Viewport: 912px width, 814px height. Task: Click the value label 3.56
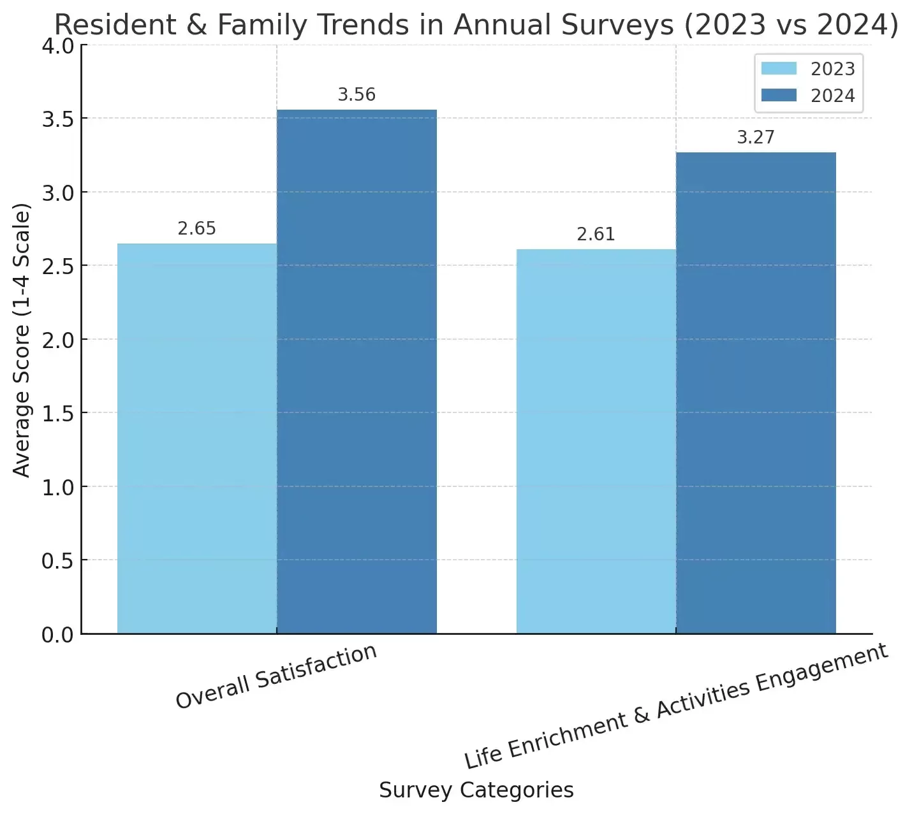pos(357,95)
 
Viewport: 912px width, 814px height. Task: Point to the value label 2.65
pos(196,229)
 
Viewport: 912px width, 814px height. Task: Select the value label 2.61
pos(596,235)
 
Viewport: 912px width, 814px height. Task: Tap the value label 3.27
pos(756,138)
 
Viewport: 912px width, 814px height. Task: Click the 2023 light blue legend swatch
pos(779,69)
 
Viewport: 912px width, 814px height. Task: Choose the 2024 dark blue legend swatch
pos(779,96)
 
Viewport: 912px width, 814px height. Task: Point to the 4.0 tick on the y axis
pos(57,47)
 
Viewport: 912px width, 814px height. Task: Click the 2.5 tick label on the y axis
pos(57,266)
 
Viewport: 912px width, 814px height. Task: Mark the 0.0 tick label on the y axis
pos(57,635)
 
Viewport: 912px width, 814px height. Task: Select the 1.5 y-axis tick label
pos(57,414)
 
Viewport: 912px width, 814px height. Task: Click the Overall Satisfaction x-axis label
pos(276,676)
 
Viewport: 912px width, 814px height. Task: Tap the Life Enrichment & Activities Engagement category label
pos(675,706)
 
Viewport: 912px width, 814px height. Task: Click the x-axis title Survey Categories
pos(476,790)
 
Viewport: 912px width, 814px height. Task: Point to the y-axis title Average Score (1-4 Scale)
pos(22,340)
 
